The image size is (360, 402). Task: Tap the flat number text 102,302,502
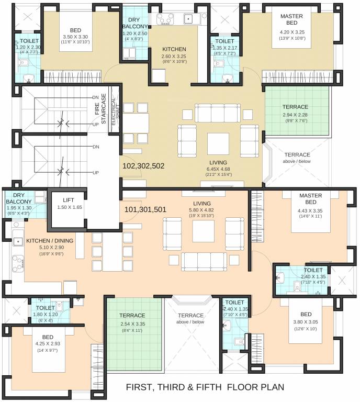point(143,165)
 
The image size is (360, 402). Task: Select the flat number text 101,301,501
point(145,209)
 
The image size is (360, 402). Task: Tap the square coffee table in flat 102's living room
point(218,142)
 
